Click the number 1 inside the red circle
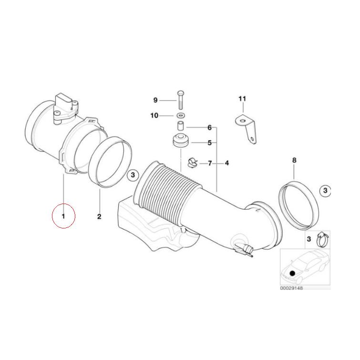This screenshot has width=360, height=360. (63, 216)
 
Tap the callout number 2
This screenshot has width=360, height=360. (99, 217)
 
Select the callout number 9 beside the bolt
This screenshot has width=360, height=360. (155, 100)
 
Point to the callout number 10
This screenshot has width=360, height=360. (154, 115)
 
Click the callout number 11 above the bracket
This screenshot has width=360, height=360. (242, 99)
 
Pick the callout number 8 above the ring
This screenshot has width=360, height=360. (294, 160)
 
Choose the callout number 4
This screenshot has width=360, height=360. (227, 163)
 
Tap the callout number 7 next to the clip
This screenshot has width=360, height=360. (209, 163)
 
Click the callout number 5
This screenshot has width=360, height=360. (209, 143)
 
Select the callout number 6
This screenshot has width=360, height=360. (209, 128)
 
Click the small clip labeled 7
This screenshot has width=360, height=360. (193, 163)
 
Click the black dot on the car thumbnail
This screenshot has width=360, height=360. (292, 272)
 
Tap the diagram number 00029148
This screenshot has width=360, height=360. (291, 288)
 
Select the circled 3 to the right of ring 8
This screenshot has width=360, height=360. (325, 191)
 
